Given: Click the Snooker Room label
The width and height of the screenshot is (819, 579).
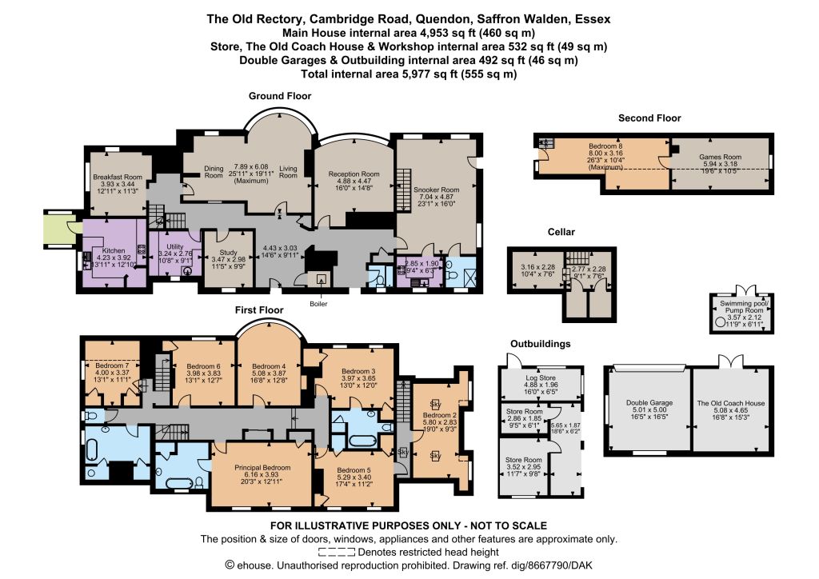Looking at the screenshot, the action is [x=436, y=190].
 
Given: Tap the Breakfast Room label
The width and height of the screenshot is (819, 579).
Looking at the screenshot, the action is [x=118, y=177].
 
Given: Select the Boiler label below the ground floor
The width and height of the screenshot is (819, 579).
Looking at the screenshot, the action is [x=318, y=304].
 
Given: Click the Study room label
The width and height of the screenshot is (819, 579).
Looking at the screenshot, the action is [x=228, y=252].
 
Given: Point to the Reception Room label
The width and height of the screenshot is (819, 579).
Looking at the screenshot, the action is [x=354, y=174].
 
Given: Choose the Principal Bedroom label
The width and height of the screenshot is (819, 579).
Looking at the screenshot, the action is [x=262, y=468].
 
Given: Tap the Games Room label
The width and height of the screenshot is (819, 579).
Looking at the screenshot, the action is [x=721, y=157].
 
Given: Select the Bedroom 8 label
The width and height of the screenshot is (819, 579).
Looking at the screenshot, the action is [x=605, y=146].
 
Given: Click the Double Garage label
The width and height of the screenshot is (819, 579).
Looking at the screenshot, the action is [x=649, y=402].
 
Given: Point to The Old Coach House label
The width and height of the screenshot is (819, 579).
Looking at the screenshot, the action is [x=731, y=403].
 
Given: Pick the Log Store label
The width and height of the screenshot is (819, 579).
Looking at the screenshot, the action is [x=541, y=377].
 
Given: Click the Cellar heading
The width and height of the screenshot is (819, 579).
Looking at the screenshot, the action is [x=561, y=232].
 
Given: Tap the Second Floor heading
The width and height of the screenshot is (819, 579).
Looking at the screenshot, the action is [x=649, y=118].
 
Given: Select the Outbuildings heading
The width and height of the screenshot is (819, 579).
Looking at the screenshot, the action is [x=541, y=344].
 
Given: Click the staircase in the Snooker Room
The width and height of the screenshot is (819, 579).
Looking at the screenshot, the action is [x=403, y=190].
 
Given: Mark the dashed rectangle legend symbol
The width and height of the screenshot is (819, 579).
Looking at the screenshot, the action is [x=337, y=552].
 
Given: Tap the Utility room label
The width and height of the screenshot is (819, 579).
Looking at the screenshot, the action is [x=175, y=246].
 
